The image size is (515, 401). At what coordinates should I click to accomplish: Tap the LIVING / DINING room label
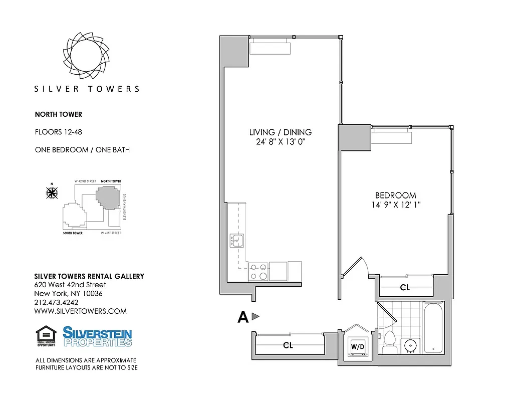tap(280, 132)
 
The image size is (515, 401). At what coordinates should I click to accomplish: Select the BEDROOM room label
tap(396, 195)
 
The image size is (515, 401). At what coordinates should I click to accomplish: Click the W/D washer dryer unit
tap(357, 346)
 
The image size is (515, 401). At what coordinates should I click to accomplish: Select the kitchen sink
tap(236, 241)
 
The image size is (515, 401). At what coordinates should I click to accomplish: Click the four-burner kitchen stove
tap(258, 272)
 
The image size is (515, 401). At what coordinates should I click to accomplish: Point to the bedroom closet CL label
tap(405, 288)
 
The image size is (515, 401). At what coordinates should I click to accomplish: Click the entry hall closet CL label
tap(288, 345)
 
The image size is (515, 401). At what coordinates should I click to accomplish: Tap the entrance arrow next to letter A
tap(255, 316)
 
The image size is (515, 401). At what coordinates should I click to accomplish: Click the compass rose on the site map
tap(52, 191)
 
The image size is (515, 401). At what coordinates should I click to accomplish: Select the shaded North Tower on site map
tap(108, 197)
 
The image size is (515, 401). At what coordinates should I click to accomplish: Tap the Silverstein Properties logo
tap(97, 336)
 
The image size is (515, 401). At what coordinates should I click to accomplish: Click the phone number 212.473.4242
tap(56, 302)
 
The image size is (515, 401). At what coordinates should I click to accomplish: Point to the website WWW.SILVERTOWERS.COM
tap(80, 311)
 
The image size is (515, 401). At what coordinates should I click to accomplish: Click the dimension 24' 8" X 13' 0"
tap(280, 142)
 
